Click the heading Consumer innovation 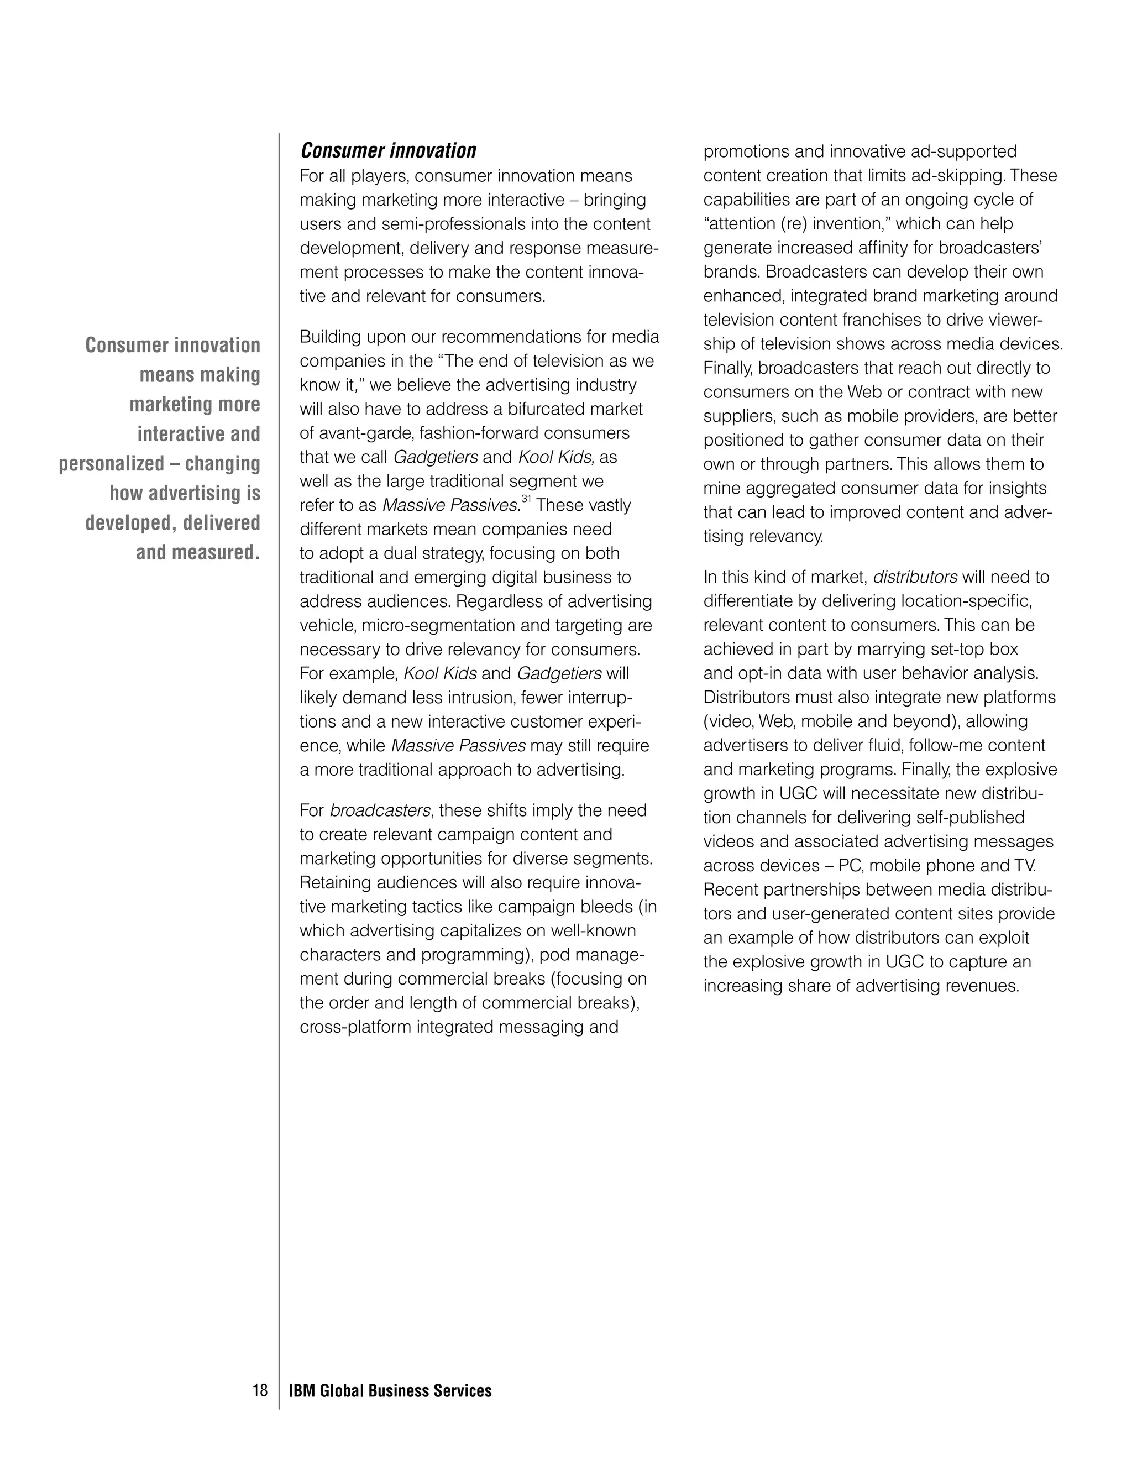(x=387, y=150)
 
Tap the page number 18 (x=260, y=1390)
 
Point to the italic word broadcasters (x=380, y=810)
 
